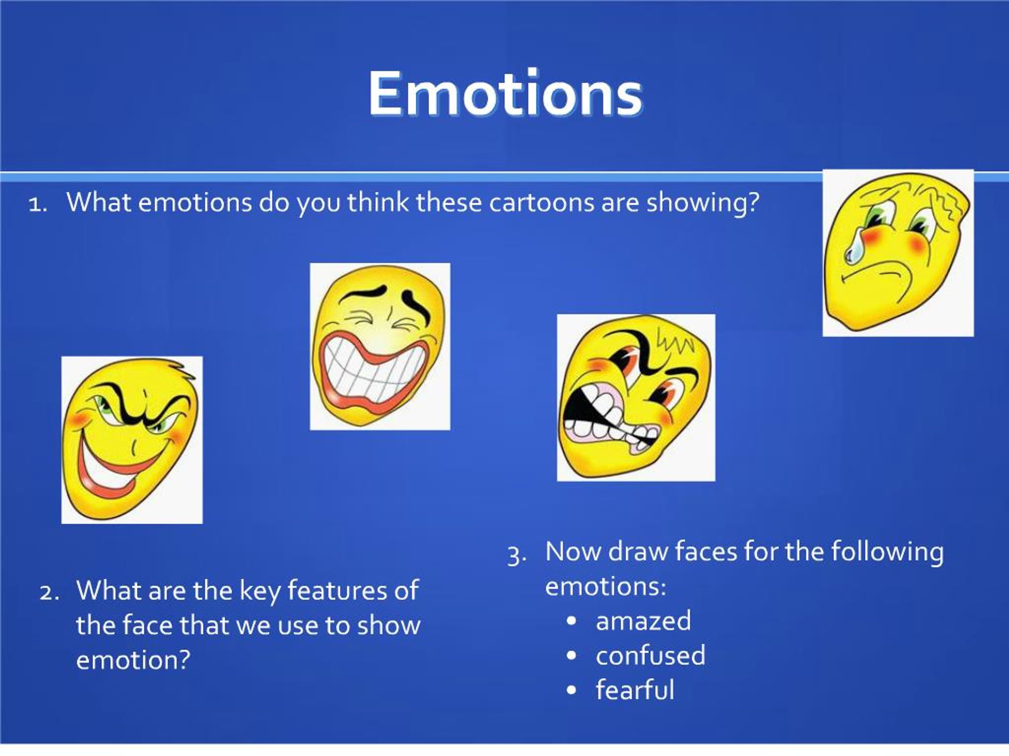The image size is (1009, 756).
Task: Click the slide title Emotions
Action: (x=505, y=94)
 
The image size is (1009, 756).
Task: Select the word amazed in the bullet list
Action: (x=643, y=621)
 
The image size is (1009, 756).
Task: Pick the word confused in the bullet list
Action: (x=650, y=655)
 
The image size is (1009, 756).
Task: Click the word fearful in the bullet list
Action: (x=635, y=689)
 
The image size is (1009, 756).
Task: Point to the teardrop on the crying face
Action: (x=853, y=250)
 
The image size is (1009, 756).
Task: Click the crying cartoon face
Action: (x=898, y=253)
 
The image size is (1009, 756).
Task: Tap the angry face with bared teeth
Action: (x=636, y=397)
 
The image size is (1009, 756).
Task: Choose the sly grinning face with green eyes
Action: (x=132, y=440)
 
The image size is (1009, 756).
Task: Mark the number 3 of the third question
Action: (x=516, y=556)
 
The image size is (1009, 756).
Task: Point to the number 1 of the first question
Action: (x=37, y=205)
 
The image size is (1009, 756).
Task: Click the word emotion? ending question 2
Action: (x=133, y=660)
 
